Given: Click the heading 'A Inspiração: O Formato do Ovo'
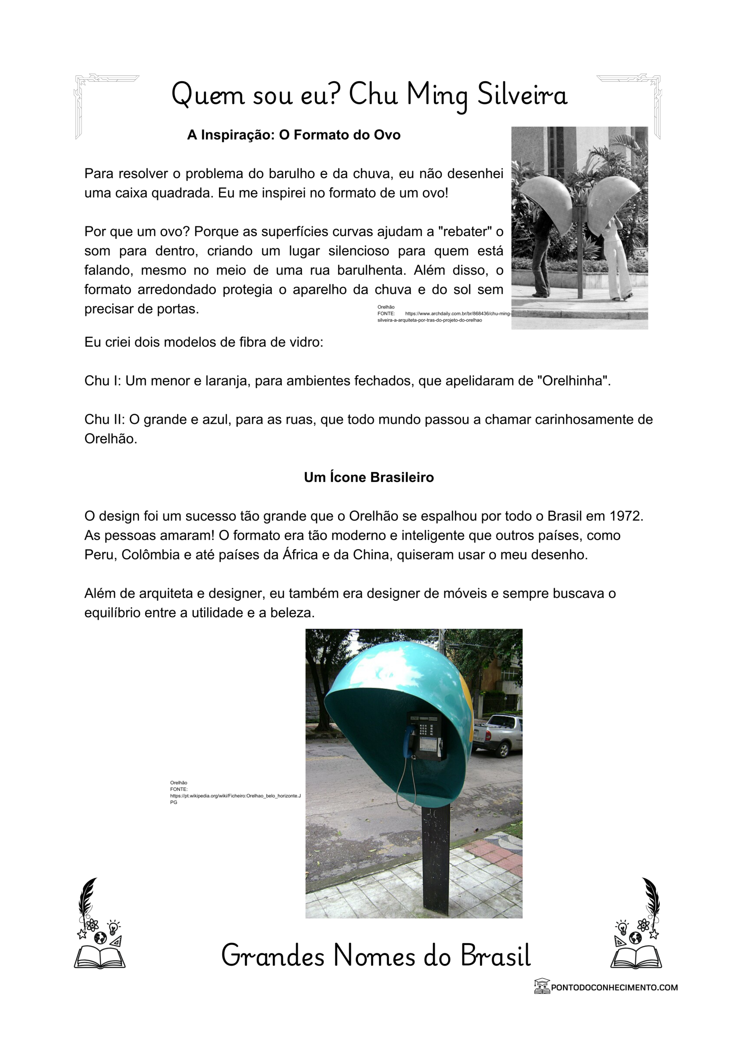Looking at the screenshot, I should (293, 135).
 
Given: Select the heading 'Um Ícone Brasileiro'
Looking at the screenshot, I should (369, 477).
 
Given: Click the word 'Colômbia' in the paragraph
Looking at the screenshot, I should (150, 555).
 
